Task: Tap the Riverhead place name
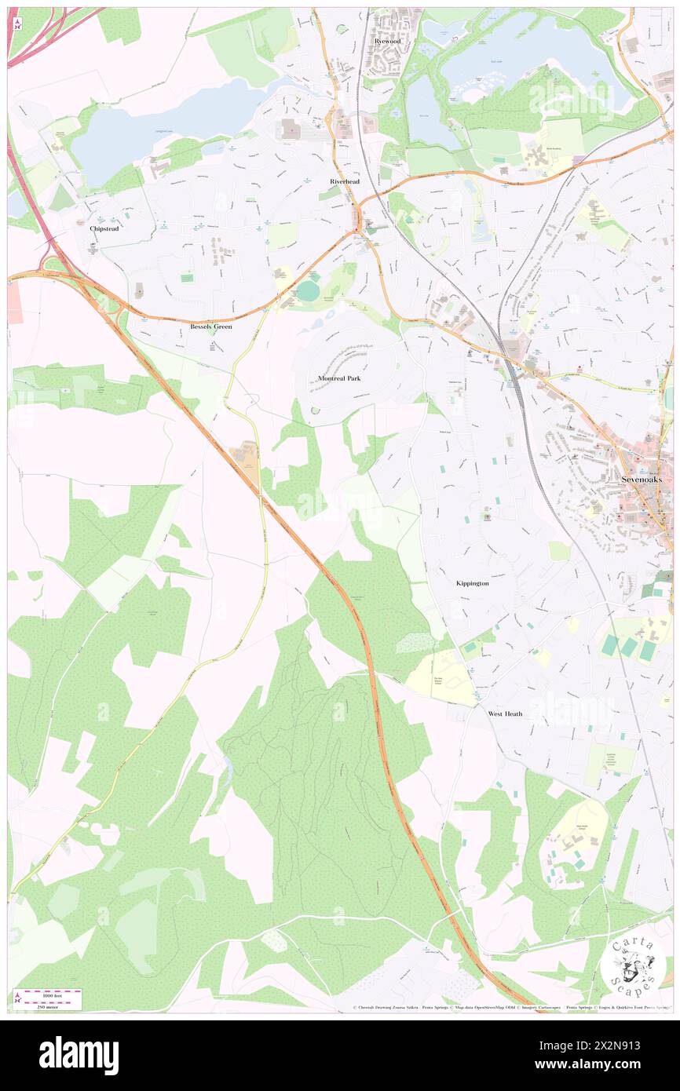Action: click(x=344, y=181)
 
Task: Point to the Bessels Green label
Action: click(x=210, y=326)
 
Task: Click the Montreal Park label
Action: click(x=339, y=378)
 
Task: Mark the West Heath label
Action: click(x=505, y=713)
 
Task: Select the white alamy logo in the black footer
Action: click(x=79, y=1055)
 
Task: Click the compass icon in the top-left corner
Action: click(x=17, y=23)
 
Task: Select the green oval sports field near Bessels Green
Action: click(x=308, y=291)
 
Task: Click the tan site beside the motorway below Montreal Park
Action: click(x=247, y=454)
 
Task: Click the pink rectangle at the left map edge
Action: click(x=15, y=303)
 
